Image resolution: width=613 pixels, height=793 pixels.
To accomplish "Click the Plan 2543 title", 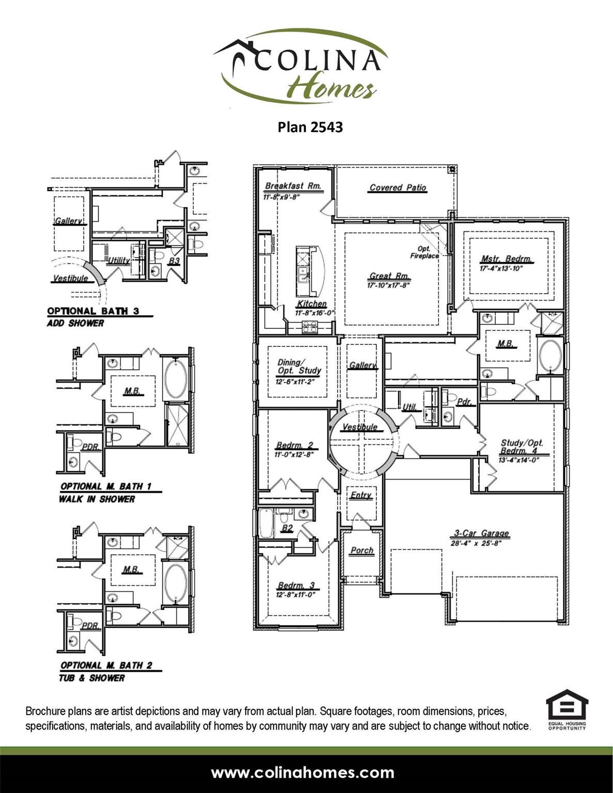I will click(x=310, y=127).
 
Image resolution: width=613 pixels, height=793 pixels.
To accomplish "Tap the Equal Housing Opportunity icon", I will click(x=567, y=709).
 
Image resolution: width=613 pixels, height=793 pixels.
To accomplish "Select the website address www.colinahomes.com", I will click(x=303, y=773).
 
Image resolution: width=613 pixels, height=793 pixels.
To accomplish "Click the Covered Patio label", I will click(x=398, y=187).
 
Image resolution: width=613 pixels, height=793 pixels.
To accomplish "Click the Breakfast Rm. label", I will click(x=293, y=186).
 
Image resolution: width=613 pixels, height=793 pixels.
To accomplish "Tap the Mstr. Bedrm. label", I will click(x=506, y=259).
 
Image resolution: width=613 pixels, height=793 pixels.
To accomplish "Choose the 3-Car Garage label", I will click(x=481, y=533).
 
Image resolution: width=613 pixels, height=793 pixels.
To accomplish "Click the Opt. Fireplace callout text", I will click(x=425, y=252).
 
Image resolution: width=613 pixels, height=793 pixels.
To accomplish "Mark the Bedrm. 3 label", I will click(x=296, y=585).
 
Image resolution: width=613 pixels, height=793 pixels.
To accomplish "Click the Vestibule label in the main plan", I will click(x=360, y=427).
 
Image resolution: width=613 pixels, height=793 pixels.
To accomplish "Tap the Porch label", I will click(x=361, y=550).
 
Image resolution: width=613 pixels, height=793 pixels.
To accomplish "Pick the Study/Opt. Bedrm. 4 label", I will click(x=522, y=447).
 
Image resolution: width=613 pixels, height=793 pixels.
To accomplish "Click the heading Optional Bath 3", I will click(x=93, y=311).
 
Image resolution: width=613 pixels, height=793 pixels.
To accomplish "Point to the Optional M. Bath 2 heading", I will click(x=106, y=665).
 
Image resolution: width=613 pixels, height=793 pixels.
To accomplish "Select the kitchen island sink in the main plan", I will click(x=302, y=274).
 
